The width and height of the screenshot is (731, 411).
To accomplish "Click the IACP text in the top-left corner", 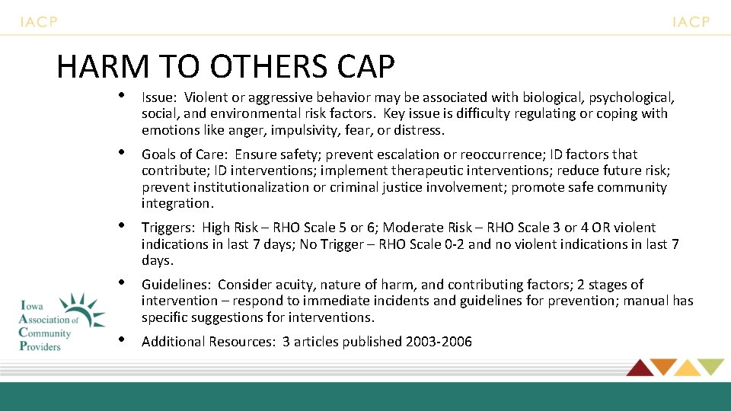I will click(39, 22).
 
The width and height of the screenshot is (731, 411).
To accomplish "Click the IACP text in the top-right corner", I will click(691, 22).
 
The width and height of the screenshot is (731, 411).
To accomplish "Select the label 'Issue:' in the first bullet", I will click(159, 97).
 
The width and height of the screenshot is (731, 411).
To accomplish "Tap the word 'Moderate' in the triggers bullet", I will click(412, 228).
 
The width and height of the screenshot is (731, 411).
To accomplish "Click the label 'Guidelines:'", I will click(176, 285).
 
